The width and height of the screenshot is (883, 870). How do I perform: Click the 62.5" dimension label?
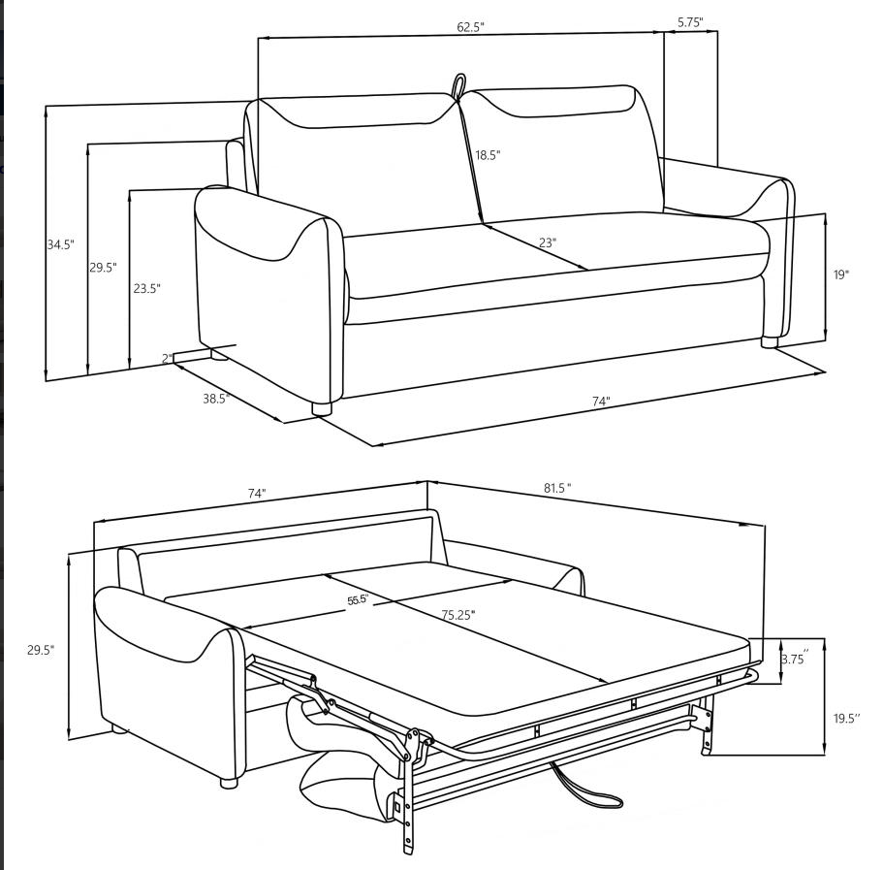[x=470, y=27]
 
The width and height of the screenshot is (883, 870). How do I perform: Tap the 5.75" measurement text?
[x=690, y=21]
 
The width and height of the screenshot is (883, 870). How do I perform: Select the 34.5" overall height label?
[x=60, y=245]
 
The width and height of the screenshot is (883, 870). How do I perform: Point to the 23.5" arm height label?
[x=146, y=289]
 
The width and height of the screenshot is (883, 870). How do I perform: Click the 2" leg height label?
[x=167, y=359]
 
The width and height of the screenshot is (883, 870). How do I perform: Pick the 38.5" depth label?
[x=216, y=399]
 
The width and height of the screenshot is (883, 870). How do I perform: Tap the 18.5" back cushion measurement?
[x=488, y=155]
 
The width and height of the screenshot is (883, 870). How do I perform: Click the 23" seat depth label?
[x=548, y=242]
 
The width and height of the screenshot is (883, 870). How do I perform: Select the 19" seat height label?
[x=840, y=275]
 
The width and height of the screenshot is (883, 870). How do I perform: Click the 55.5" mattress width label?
[x=358, y=600]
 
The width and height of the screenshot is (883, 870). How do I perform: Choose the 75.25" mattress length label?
[x=458, y=615]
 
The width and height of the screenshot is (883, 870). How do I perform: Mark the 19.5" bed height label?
[x=845, y=719]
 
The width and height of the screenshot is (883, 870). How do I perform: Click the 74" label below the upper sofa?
[x=601, y=402]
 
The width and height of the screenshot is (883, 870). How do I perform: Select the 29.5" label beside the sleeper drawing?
[x=41, y=651]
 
